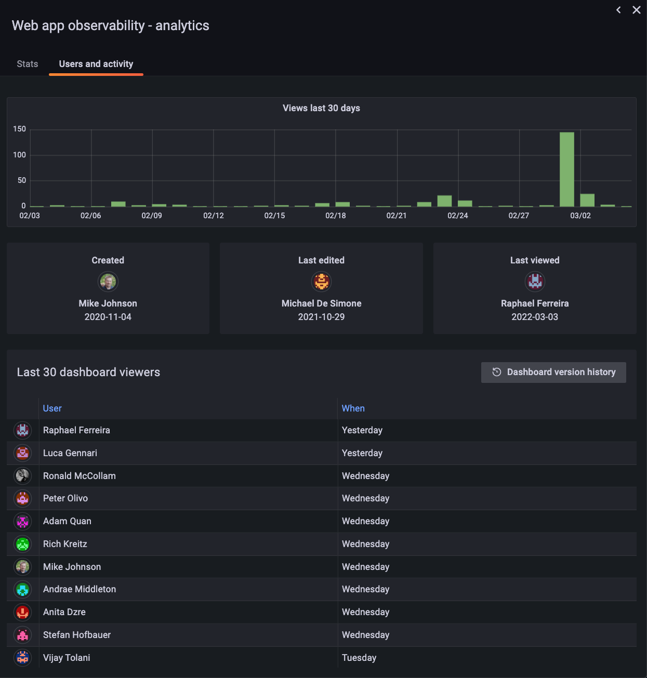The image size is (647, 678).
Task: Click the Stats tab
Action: [x=28, y=64]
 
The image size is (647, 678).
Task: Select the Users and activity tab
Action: [x=96, y=64]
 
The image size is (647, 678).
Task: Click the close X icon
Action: [x=637, y=10]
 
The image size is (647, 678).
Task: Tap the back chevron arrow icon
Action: [x=618, y=10]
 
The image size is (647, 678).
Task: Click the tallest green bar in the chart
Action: [x=567, y=169]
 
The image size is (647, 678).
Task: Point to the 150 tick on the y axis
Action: [x=20, y=129]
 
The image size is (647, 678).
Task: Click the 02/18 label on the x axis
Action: [x=336, y=216]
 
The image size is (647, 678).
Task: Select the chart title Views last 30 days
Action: [x=321, y=108]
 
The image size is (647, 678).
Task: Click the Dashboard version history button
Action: [x=553, y=372]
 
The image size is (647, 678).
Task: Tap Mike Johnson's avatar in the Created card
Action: [x=108, y=282]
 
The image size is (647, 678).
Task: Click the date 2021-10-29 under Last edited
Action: [x=321, y=317]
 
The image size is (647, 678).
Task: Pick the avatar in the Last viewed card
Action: [x=535, y=282]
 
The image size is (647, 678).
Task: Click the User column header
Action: [x=52, y=408]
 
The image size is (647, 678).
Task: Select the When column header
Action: [x=353, y=408]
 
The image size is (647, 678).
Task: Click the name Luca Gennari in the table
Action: [x=70, y=453]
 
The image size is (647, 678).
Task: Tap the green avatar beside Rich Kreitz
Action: [x=23, y=544]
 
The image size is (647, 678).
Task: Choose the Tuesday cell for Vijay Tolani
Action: [x=359, y=658]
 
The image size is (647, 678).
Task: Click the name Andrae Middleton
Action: [x=80, y=589]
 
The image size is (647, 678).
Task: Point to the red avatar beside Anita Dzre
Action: [x=23, y=612]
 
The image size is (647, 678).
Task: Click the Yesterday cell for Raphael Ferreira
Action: [x=362, y=430]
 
